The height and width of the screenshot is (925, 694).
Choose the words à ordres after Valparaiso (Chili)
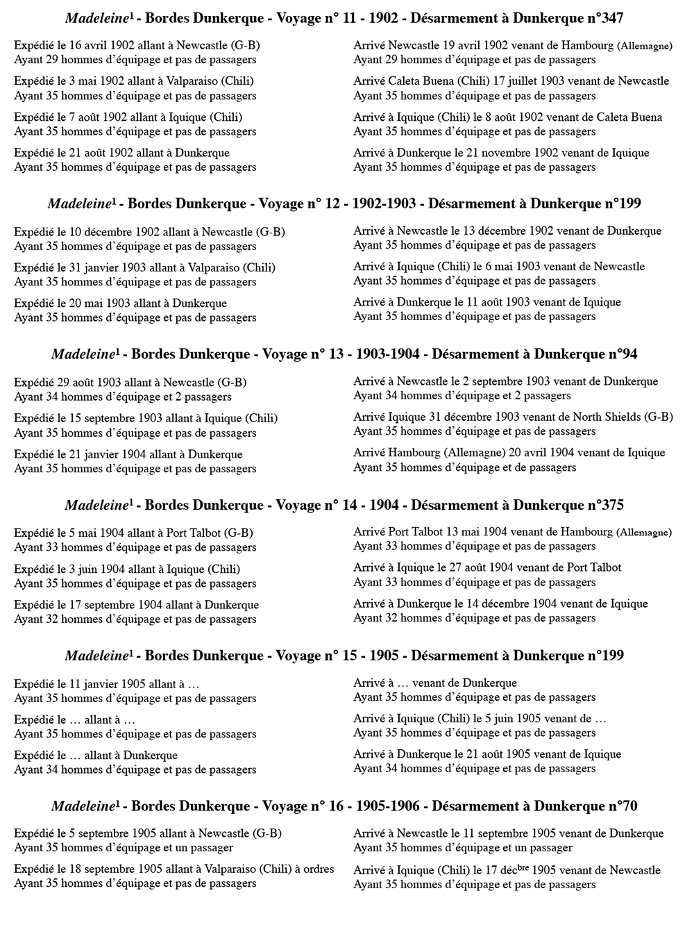310,869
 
